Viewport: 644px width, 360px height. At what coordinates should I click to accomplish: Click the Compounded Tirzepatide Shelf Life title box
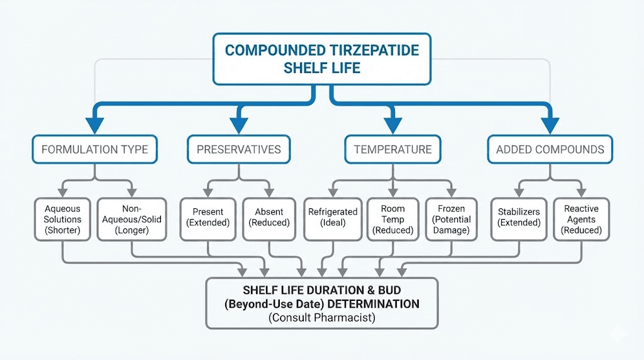pyautogui.click(x=322, y=59)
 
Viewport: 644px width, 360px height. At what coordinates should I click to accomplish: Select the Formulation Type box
pyautogui.click(x=95, y=149)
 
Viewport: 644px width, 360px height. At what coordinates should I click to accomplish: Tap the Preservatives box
pyautogui.click(x=238, y=149)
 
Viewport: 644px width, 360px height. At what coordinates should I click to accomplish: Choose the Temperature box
pyautogui.click(x=392, y=149)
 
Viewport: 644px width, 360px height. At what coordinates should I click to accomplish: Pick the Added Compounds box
pyautogui.click(x=550, y=149)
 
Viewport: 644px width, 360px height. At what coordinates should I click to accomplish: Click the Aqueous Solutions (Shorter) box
pyautogui.click(x=63, y=219)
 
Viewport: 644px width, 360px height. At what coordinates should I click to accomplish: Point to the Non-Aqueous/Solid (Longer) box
pyautogui.click(x=131, y=219)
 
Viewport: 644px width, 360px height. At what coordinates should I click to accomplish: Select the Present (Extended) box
pyautogui.click(x=208, y=219)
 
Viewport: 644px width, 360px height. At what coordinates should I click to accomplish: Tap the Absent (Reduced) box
pyautogui.click(x=269, y=219)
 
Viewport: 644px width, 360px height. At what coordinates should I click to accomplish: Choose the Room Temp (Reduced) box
pyautogui.click(x=392, y=219)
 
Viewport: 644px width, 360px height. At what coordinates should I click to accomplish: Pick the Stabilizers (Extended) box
pyautogui.click(x=519, y=219)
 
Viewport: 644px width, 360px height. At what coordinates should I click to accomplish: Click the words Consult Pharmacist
pyautogui.click(x=322, y=318)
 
